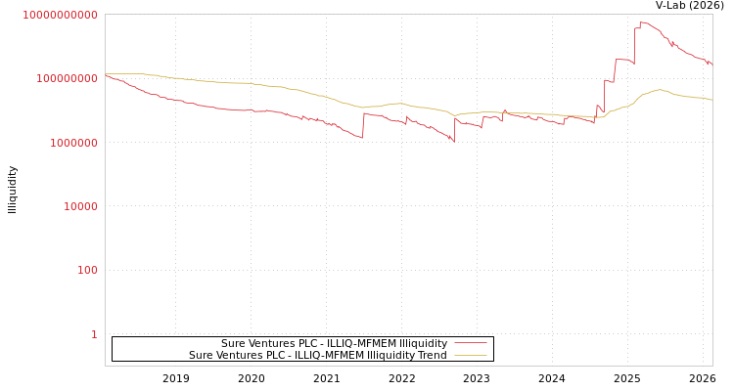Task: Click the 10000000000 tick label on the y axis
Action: coord(60,15)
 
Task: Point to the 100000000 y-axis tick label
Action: coord(66,78)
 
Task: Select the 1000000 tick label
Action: coord(71,143)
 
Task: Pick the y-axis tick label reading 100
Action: coord(87,270)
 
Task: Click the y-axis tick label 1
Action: coord(94,334)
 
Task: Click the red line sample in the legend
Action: coord(470,344)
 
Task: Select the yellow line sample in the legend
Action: coord(470,356)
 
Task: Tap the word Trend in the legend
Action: coord(431,356)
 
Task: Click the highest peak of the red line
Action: coord(642,22)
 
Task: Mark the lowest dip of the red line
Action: coord(453,142)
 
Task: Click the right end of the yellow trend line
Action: coord(711,100)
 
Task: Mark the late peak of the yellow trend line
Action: coord(661,90)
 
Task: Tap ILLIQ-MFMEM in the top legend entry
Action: coord(352,344)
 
